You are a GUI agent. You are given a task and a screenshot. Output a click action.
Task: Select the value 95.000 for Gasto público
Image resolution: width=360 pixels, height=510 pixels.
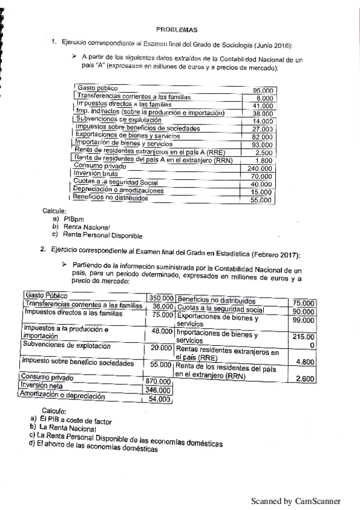[263, 90]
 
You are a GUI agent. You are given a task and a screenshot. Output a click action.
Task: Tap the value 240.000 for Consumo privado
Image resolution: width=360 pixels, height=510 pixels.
[261, 168]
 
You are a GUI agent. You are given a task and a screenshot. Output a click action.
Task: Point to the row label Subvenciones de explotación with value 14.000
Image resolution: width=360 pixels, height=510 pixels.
[112, 120]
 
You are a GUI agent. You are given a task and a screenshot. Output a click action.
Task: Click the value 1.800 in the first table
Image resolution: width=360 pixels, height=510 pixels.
[264, 161]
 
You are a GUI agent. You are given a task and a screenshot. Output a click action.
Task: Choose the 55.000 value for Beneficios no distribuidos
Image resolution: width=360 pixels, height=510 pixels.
[261, 200]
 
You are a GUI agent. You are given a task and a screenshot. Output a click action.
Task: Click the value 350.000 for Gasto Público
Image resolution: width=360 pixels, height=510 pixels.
[161, 298]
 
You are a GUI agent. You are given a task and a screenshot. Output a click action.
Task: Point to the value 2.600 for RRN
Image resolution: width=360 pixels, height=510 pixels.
[305, 379]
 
